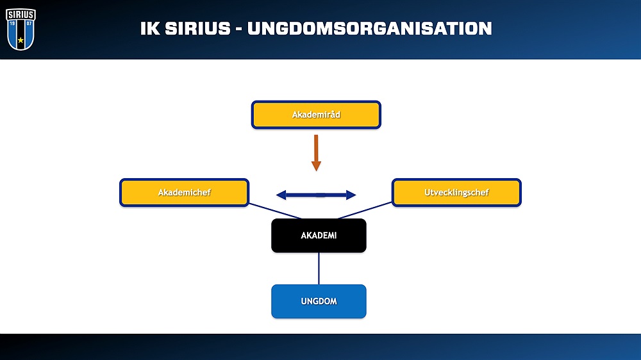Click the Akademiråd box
316,115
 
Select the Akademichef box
185,192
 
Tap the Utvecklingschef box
456,192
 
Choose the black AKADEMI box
319,235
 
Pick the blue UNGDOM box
319,301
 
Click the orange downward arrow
316,153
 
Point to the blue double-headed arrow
316,195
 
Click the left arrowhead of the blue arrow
281,195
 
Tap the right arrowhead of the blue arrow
351,195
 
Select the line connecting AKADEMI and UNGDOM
319,268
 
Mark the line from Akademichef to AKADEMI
275,211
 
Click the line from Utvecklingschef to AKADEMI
365,211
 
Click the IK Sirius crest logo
21,29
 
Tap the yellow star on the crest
21,40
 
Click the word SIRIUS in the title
198,29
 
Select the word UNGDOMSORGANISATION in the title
370,29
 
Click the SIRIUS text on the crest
21,15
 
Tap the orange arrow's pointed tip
316,170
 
